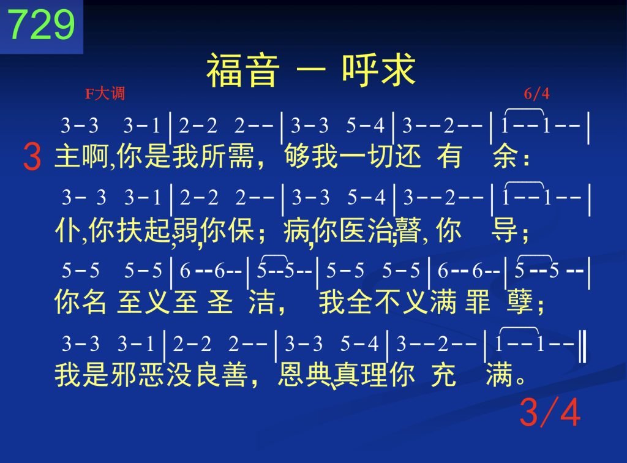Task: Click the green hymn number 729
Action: pos(41,24)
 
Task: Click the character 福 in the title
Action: pos(225,71)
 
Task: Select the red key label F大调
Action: pos(105,94)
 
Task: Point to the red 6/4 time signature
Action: pos(536,94)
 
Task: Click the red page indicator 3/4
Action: pos(550,412)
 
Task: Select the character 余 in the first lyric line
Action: pos(505,156)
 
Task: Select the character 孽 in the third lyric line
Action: pos(520,301)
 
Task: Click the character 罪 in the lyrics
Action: pos(478,301)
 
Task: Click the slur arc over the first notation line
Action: pos(524,109)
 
